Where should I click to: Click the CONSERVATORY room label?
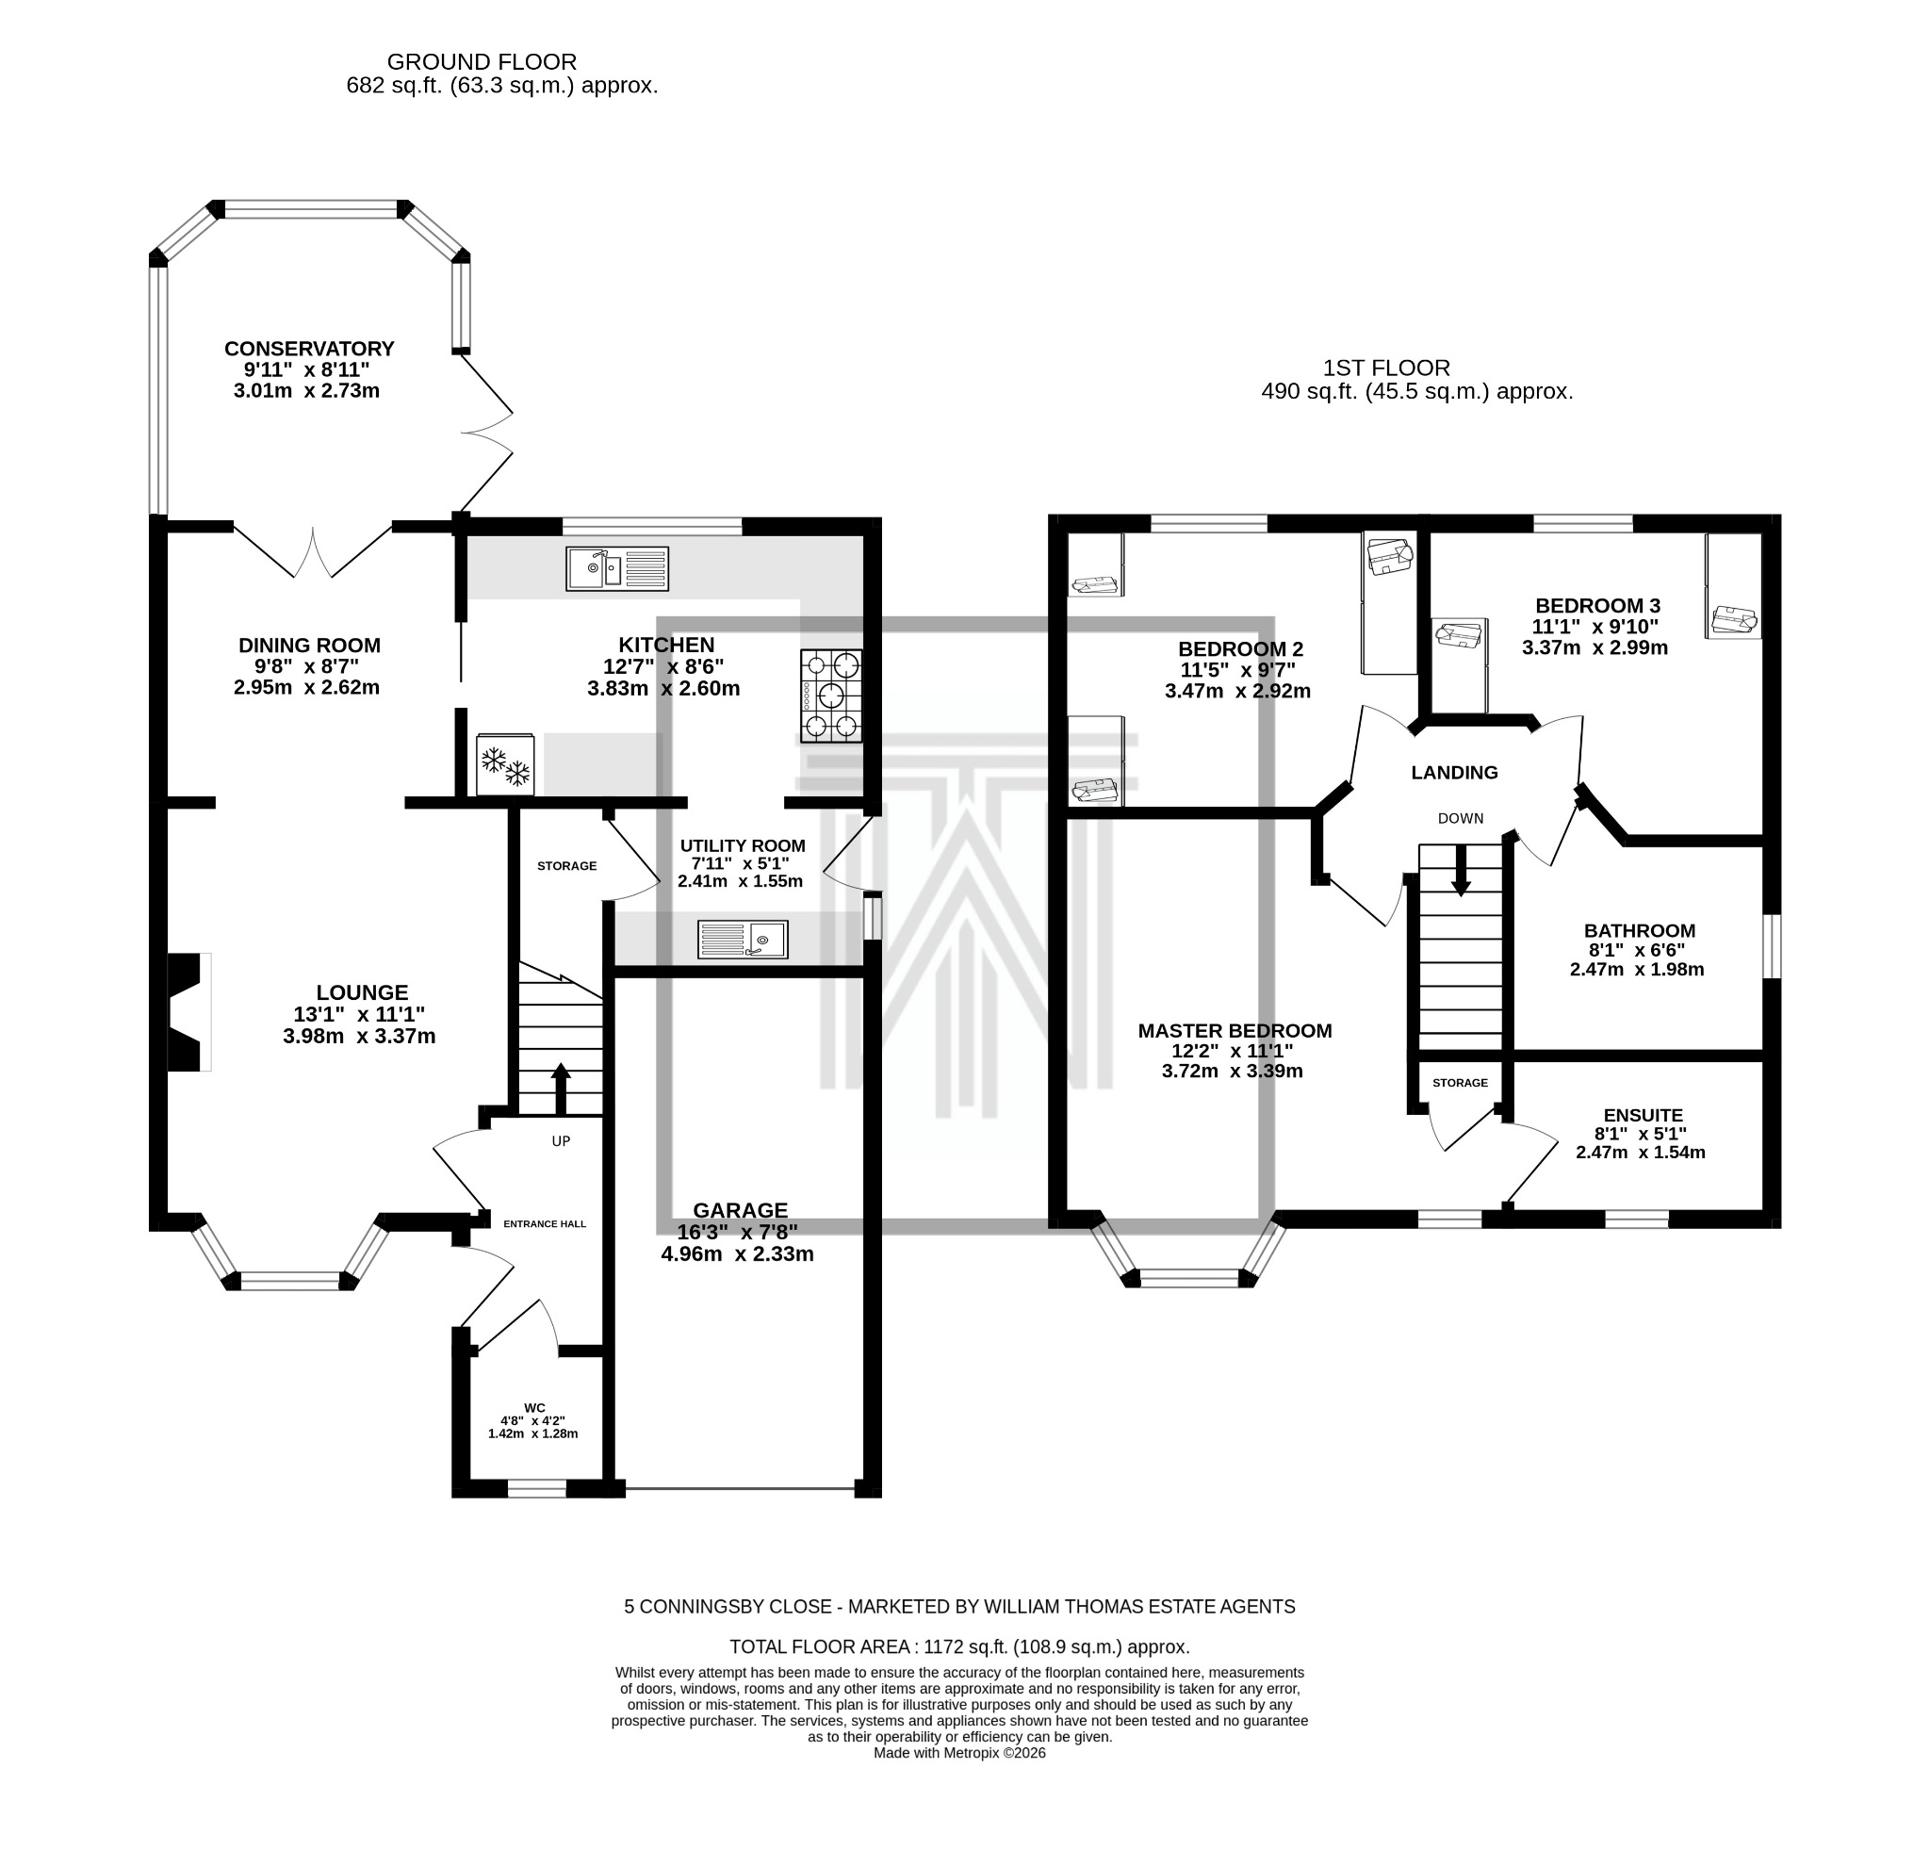[x=308, y=349]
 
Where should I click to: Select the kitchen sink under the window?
[x=616, y=569]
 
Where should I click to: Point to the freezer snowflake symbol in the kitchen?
[x=505, y=765]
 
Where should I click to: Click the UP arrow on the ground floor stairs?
[x=561, y=1088]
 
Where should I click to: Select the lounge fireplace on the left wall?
[x=188, y=1011]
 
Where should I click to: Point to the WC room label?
[x=534, y=1408]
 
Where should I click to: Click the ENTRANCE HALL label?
[x=545, y=1224]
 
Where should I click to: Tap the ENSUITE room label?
[x=1643, y=1116]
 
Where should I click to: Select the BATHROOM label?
[x=1639, y=930]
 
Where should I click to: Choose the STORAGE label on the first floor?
[x=1460, y=1083]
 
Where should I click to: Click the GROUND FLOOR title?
[x=482, y=62]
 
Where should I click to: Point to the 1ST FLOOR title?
[x=1385, y=368]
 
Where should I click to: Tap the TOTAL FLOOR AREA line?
[x=959, y=1646]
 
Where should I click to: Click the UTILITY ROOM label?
[x=743, y=845]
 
